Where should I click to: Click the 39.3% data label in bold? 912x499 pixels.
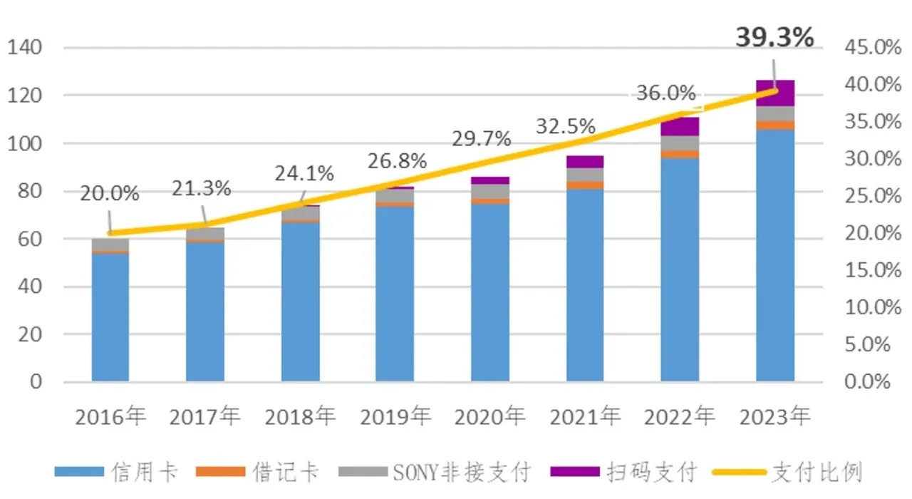click(x=774, y=38)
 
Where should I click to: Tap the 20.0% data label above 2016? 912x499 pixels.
click(x=109, y=194)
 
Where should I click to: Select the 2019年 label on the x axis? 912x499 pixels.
click(x=395, y=416)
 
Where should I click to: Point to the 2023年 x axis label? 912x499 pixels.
click(x=774, y=416)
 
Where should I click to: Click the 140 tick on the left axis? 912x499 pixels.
click(x=26, y=48)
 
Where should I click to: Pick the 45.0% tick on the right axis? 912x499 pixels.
click(x=867, y=48)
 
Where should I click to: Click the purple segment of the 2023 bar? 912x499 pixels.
click(x=775, y=93)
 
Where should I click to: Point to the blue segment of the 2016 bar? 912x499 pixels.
click(x=110, y=317)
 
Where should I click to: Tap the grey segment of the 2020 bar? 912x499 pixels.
click(x=490, y=191)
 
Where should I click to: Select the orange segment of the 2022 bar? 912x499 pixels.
click(x=680, y=154)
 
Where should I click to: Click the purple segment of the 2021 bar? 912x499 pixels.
click(x=585, y=161)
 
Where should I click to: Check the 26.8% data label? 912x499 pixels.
click(x=397, y=161)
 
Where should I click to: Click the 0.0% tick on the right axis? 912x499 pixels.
click(x=867, y=382)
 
